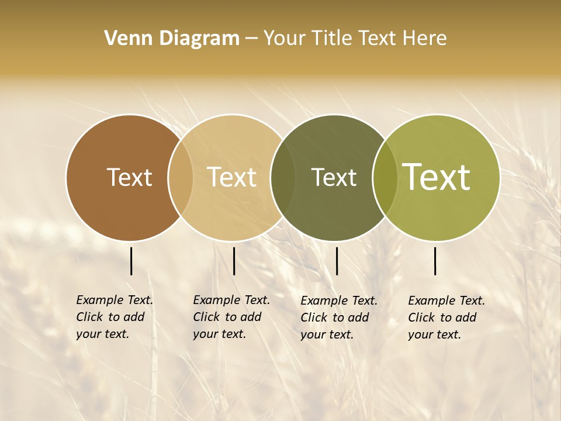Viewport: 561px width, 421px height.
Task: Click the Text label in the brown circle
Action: (129, 177)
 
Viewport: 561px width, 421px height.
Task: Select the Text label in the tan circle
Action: (232, 177)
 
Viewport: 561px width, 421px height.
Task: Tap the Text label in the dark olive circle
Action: (334, 177)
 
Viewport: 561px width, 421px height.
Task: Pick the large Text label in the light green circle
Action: (437, 177)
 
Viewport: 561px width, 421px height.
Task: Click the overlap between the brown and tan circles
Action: (181, 178)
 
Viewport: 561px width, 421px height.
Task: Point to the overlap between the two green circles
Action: (385, 178)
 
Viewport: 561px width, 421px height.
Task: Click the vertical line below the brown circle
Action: (131, 261)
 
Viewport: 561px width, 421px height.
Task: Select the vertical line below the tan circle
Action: (234, 261)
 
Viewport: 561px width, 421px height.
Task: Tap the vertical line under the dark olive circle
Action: (337, 261)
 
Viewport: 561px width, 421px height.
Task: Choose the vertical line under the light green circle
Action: (435, 261)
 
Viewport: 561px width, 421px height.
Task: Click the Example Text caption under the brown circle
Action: (114, 317)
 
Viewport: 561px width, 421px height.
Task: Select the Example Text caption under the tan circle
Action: (231, 317)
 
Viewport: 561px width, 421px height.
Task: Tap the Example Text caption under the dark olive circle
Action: (338, 318)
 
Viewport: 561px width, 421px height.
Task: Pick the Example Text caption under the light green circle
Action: (446, 318)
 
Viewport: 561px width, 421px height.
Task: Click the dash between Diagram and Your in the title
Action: (251, 39)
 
